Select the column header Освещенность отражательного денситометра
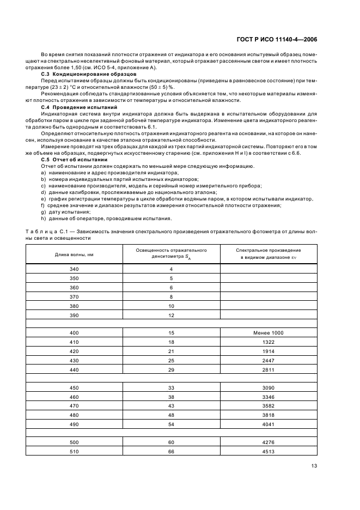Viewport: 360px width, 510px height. pos(171,253)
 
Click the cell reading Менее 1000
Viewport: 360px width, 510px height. pos(269,332)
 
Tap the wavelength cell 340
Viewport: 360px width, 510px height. pos(74,269)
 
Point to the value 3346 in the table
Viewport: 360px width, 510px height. pos(269,398)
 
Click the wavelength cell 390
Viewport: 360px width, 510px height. pos(74,315)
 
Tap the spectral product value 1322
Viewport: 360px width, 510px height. pos(269,342)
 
